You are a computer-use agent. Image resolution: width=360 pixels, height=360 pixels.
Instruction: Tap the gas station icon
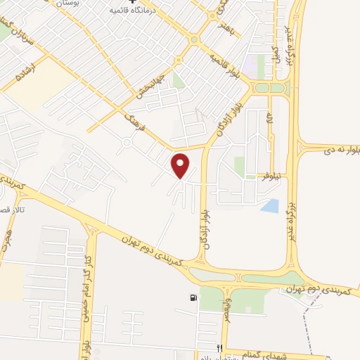[193, 297]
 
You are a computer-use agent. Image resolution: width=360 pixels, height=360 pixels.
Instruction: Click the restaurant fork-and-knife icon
[219, 349]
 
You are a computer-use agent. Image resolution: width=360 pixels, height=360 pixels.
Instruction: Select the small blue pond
[270, 205]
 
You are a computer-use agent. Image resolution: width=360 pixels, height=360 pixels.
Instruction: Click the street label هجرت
[7, 243]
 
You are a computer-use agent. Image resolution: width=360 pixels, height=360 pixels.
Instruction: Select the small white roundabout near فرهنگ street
[127, 145]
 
